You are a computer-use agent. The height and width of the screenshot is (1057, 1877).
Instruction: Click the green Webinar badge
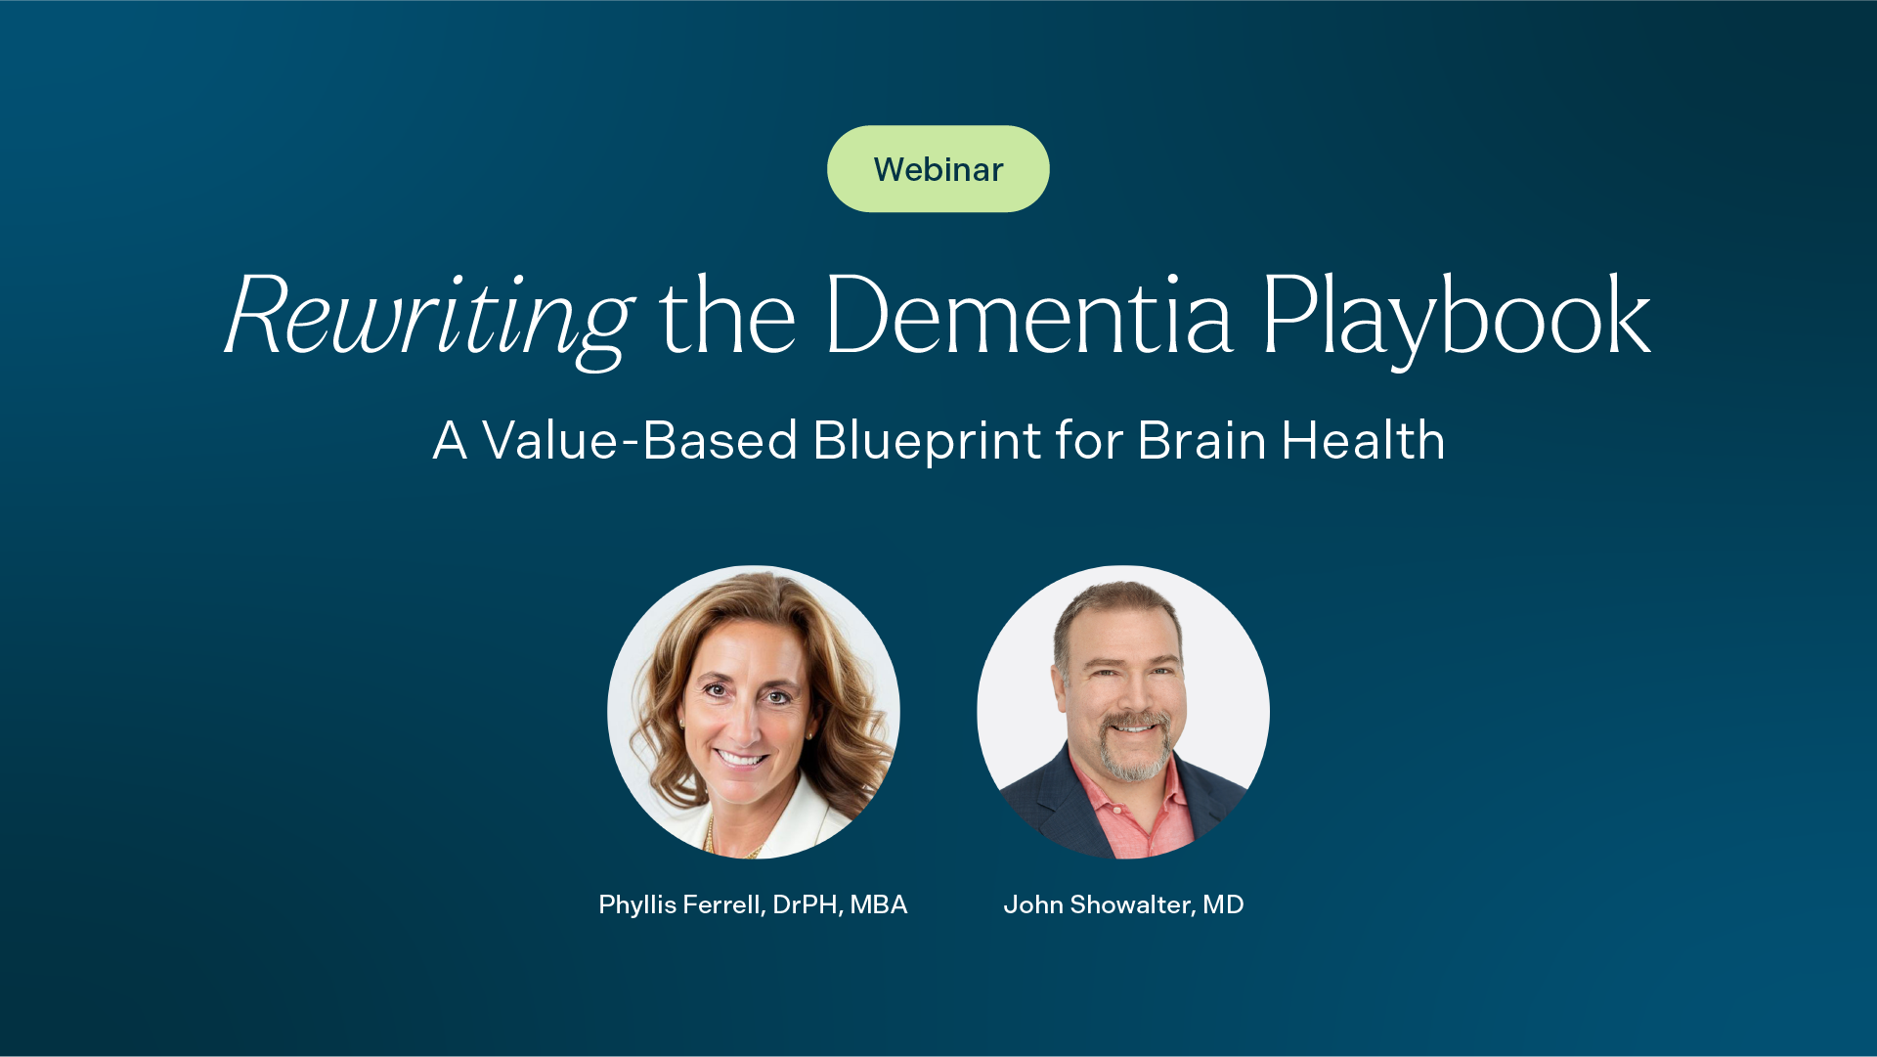[x=938, y=169]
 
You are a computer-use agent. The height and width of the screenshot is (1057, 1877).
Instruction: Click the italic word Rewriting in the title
[x=430, y=319]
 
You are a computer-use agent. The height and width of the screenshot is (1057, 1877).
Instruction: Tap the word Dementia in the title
[x=1028, y=315]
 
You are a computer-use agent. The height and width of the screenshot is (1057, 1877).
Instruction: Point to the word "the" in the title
[x=727, y=315]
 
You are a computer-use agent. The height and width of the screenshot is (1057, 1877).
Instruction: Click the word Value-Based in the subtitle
[x=640, y=440]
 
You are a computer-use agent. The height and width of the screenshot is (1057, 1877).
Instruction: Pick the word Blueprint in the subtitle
[x=927, y=442]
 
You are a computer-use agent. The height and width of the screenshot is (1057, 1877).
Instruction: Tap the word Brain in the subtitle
[x=1202, y=440]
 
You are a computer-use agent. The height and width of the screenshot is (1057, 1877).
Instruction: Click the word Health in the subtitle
[x=1364, y=440]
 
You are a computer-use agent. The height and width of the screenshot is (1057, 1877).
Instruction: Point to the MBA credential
[x=879, y=905]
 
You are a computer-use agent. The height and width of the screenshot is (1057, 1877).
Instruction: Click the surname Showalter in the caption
[x=1132, y=905]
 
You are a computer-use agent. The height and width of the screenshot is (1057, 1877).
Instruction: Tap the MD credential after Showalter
[x=1223, y=905]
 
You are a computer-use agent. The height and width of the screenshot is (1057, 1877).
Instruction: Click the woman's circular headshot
[x=754, y=712]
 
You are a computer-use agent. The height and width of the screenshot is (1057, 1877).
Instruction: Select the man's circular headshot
[x=1123, y=712]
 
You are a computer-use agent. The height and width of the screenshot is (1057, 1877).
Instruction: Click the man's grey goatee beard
[x=1134, y=753]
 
